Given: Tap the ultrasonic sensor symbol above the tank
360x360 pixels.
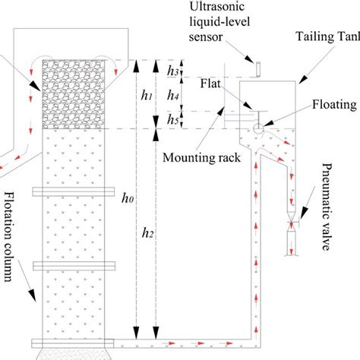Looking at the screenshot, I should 259,69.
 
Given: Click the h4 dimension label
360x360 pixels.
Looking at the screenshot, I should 172,96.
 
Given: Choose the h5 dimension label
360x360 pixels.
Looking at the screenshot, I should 172,120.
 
